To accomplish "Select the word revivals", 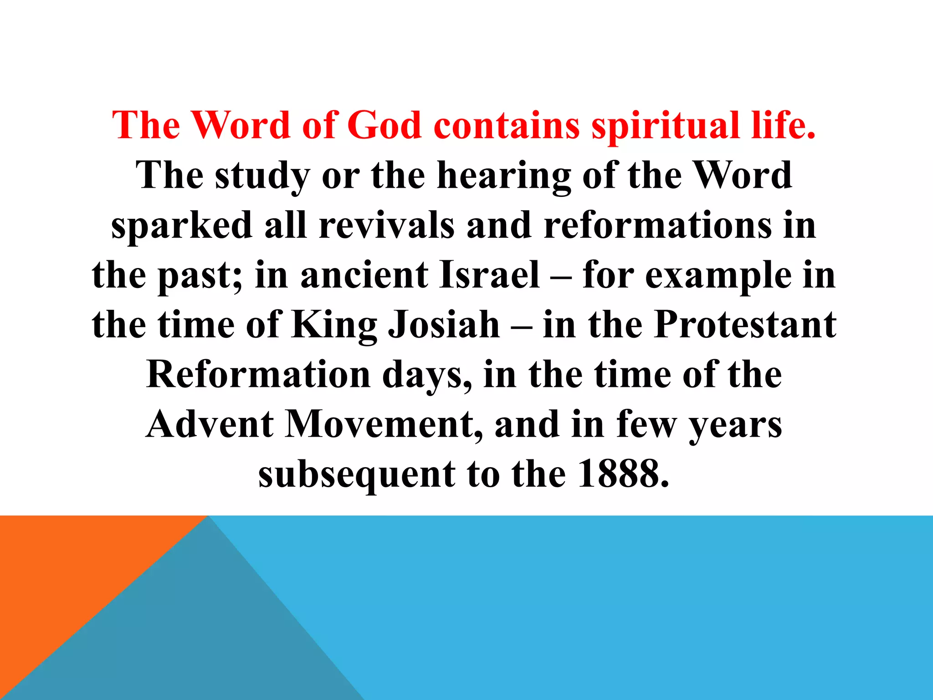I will click(386, 226).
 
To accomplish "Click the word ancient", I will click(364, 275).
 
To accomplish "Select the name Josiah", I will click(444, 325).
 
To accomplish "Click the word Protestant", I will click(745, 325).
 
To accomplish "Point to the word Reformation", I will click(258, 375).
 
